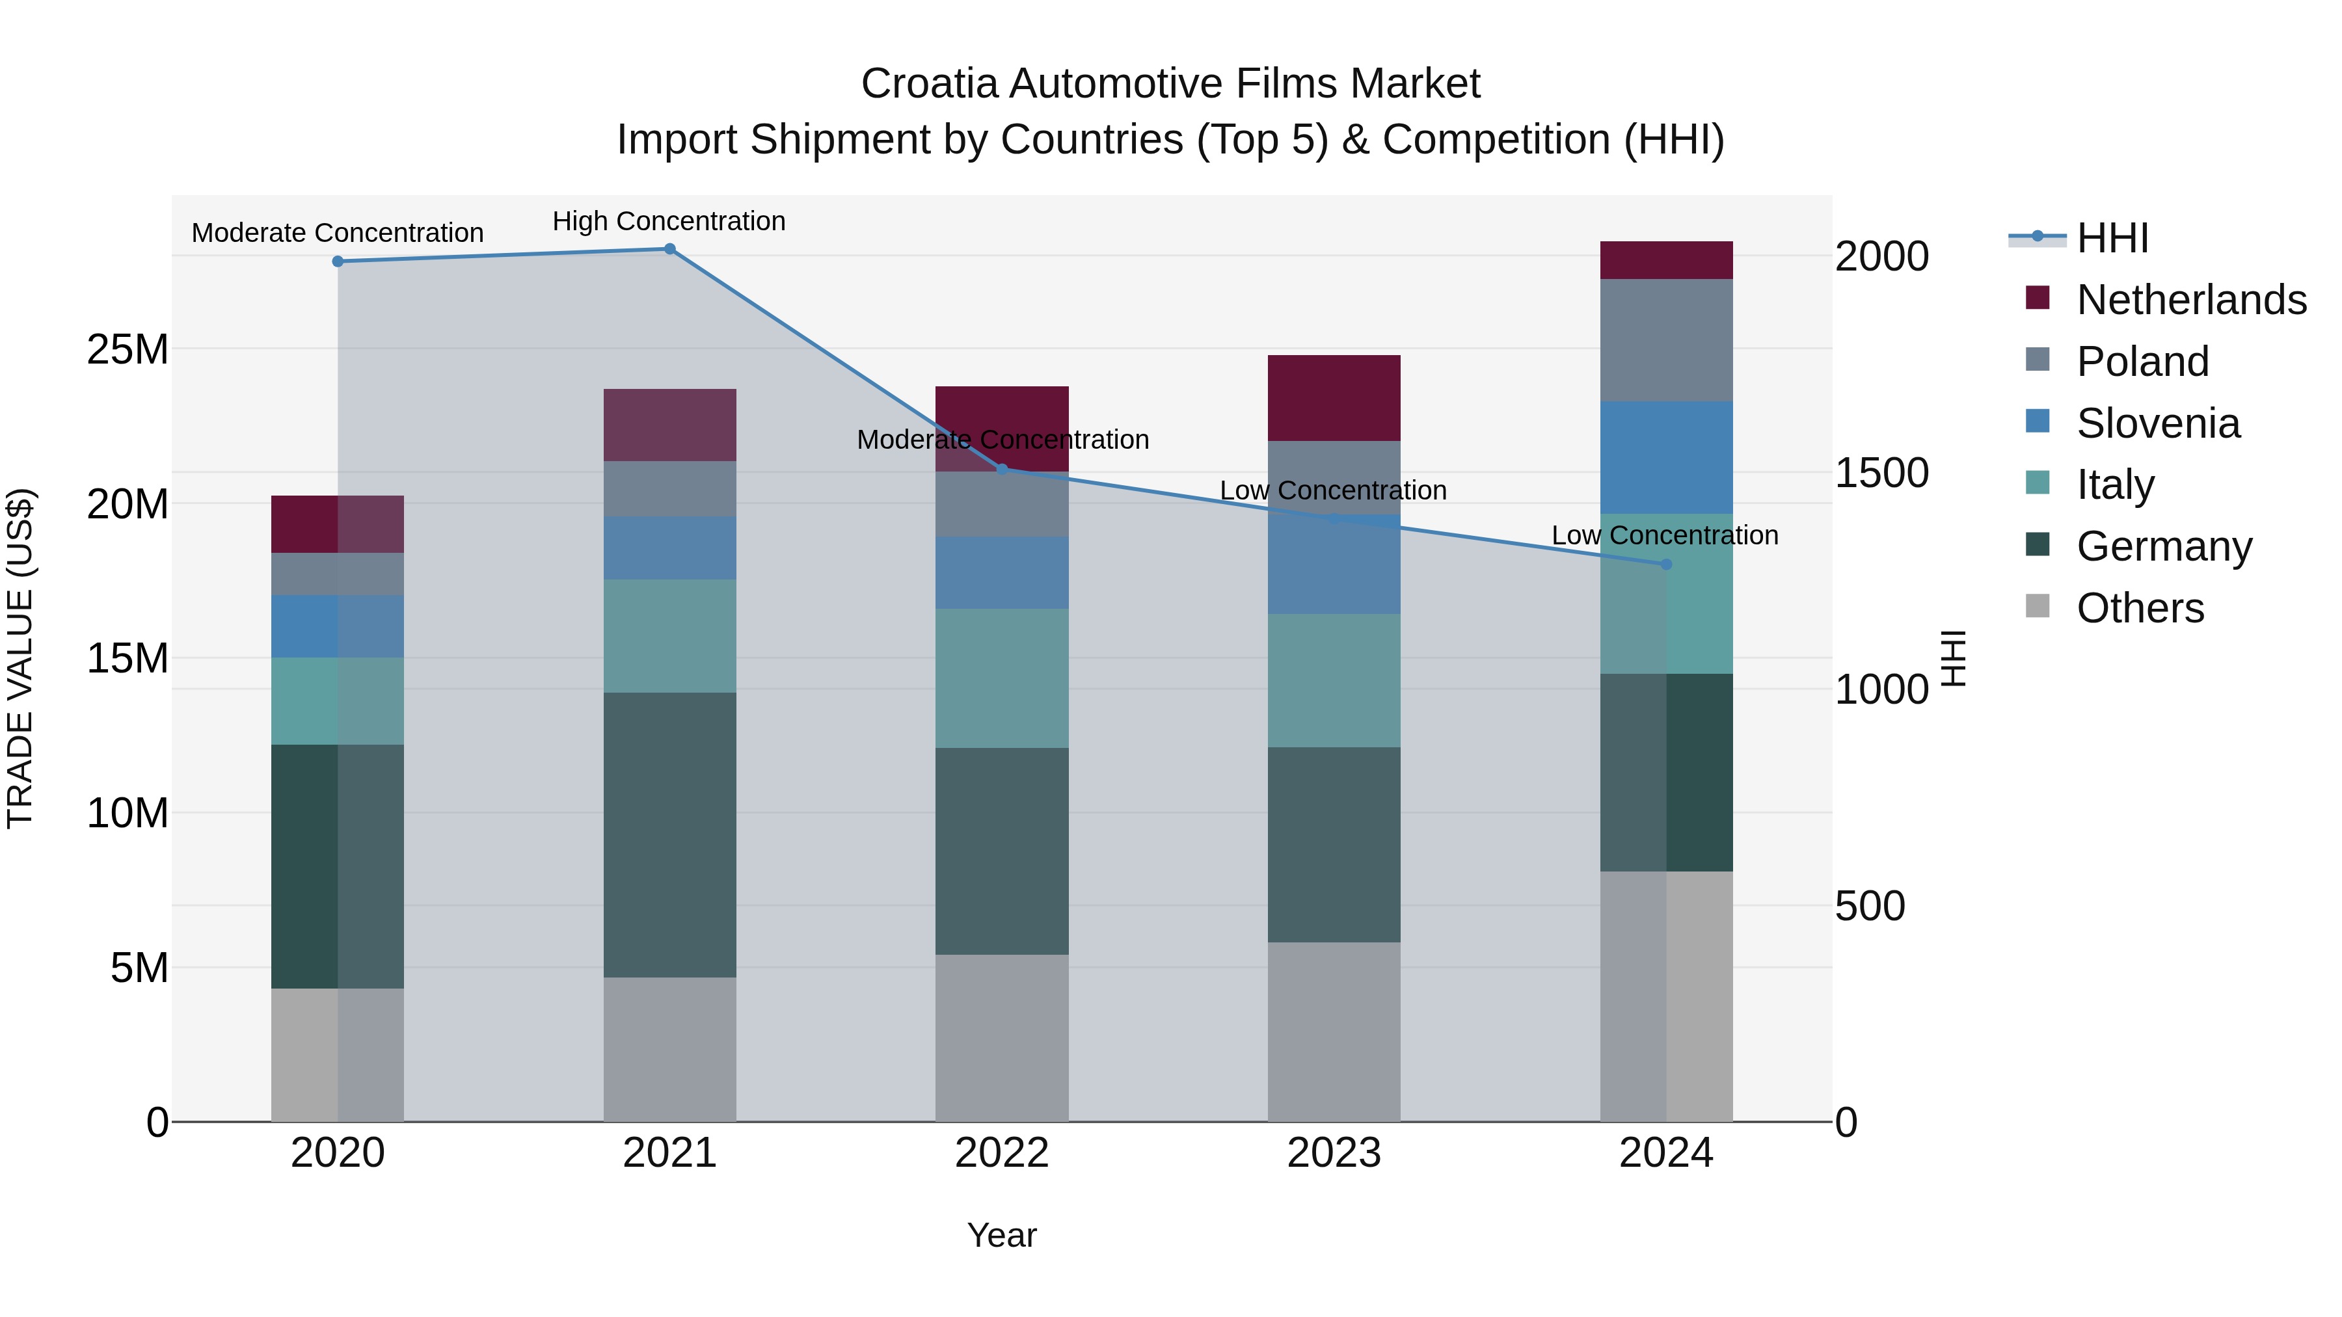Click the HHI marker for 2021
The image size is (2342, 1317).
(x=669, y=249)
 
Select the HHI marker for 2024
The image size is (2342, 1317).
(x=1665, y=565)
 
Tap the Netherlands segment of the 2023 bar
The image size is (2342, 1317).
(x=1334, y=398)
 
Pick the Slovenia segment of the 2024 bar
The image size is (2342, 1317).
(x=1665, y=457)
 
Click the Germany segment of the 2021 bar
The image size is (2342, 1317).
(x=669, y=834)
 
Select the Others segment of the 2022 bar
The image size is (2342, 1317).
(x=1002, y=1037)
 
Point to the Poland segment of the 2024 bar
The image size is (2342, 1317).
(x=1665, y=340)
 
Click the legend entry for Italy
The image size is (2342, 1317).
(x=2115, y=485)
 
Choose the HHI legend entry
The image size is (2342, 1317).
(x=2112, y=238)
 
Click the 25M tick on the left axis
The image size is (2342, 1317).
(x=128, y=349)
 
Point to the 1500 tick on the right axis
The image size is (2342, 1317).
(x=1881, y=473)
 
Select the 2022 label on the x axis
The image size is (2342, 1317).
(x=1002, y=1153)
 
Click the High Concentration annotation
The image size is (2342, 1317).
(x=669, y=221)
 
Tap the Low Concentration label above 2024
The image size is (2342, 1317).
(x=1665, y=535)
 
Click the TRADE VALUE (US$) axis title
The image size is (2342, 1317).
(x=20, y=658)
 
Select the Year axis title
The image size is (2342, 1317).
(x=1002, y=1235)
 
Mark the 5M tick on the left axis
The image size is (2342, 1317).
(x=139, y=968)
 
